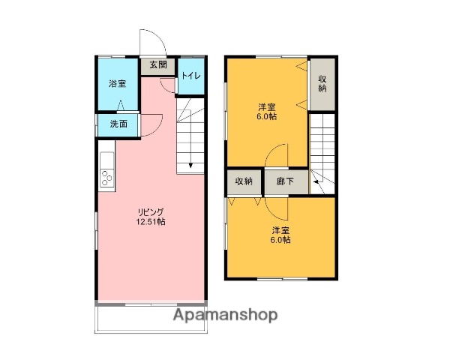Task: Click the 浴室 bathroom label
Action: (117, 84)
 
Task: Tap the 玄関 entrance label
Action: (157, 65)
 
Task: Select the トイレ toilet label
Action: (190, 76)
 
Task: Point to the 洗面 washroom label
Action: (118, 124)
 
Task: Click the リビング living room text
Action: (151, 211)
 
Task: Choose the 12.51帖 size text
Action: (151, 222)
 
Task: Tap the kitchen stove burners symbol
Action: (105, 178)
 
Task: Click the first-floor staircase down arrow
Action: (190, 165)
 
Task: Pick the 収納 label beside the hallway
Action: (244, 181)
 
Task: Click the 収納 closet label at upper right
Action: (322, 83)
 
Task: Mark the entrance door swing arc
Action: (148, 41)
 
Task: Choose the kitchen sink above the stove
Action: (105, 160)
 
